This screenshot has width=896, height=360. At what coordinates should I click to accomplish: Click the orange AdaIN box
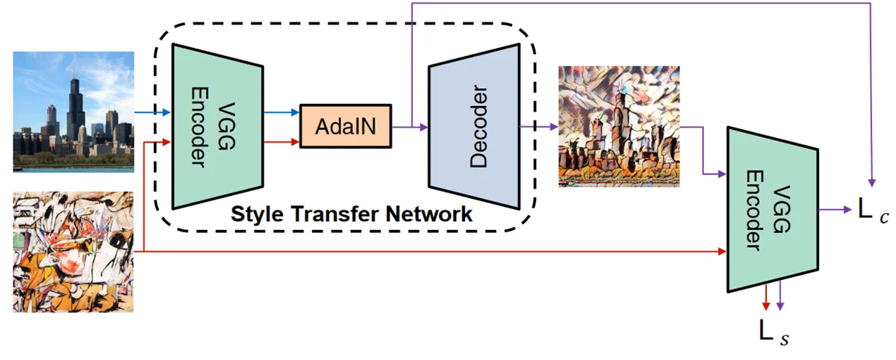coord(346,125)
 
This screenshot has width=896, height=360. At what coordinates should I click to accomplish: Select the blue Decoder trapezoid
coord(473,127)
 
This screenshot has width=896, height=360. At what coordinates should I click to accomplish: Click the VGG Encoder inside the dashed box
coord(217,125)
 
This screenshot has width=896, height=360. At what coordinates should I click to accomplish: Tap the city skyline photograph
coord(73,111)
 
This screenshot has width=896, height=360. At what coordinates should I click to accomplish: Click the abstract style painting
coord(73,252)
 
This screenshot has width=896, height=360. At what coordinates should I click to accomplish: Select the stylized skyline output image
coord(619,125)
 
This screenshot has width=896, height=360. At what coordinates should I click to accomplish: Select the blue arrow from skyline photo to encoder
coord(153,113)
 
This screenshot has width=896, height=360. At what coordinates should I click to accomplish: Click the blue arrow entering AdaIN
coord(281,113)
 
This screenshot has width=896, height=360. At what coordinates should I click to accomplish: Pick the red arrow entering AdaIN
coord(281,141)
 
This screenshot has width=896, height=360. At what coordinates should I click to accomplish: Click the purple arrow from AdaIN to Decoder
coord(410,126)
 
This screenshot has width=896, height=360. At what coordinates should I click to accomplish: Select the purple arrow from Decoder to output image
coord(539,126)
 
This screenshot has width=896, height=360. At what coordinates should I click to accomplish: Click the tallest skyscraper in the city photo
coord(74,105)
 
